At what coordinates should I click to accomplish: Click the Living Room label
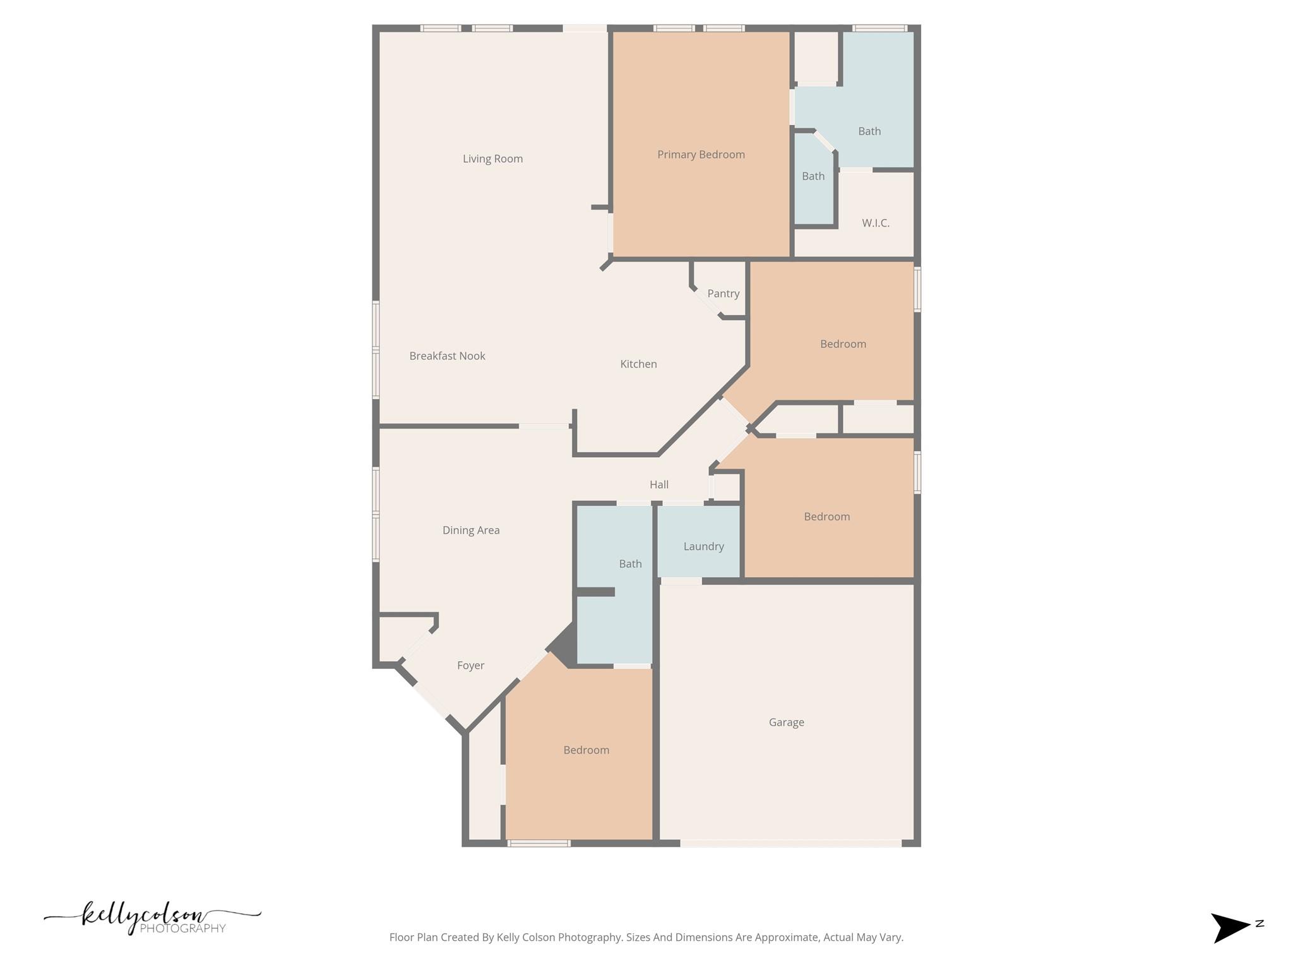492,159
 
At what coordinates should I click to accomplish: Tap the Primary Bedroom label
701,155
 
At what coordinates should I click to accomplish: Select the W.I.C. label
876,223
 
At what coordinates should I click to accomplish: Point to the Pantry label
723,294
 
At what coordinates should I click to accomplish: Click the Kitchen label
638,364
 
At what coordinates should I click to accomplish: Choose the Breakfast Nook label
447,356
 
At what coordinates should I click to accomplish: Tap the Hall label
658,485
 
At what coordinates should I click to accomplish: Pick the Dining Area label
471,530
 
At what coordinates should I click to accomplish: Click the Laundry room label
703,547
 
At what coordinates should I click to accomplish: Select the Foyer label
470,666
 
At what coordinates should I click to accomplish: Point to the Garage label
786,722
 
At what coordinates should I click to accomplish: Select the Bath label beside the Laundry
630,564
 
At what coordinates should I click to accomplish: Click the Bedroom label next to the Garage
586,750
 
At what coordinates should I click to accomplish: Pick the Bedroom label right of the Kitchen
843,344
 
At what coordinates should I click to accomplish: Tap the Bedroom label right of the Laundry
826,517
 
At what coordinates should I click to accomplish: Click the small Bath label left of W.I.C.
813,176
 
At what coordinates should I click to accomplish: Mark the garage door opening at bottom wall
790,843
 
